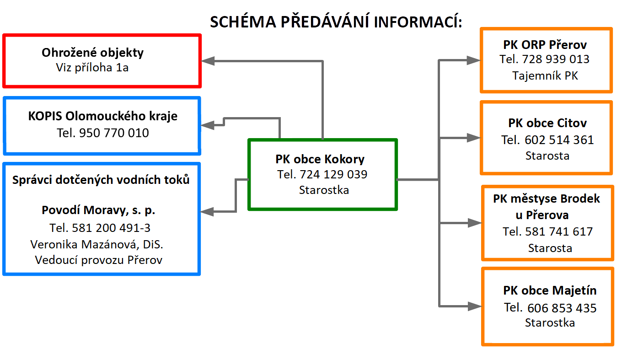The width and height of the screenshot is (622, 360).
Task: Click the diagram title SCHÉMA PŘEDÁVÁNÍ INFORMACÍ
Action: click(336, 21)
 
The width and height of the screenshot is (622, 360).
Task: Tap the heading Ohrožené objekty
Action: click(93, 53)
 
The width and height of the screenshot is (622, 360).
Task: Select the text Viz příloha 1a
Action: click(92, 68)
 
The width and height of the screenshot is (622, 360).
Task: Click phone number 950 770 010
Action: click(114, 133)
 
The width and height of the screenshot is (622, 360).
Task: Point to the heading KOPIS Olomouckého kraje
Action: click(103, 116)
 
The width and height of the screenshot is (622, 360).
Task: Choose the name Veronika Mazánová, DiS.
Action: click(97, 244)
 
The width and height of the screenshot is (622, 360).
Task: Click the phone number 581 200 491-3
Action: click(111, 228)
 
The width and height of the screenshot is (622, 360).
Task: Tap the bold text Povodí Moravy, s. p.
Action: click(98, 210)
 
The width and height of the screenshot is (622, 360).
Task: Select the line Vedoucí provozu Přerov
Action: click(99, 260)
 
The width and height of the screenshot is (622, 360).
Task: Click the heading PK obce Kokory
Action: click(320, 160)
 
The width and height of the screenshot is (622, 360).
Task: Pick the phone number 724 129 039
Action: click(333, 174)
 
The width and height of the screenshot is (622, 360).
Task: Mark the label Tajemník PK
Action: click(545, 75)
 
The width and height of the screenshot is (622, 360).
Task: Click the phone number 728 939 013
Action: click(556, 59)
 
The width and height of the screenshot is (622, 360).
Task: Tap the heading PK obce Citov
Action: click(547, 123)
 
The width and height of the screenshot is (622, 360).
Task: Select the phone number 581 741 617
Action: click(559, 231)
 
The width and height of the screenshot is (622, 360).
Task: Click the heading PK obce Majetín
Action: click(550, 290)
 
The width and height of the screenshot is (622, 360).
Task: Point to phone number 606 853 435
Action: click(562, 308)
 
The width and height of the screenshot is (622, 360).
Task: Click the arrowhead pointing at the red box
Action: click(208, 61)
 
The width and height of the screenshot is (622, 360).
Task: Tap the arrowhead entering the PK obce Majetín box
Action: click(475, 306)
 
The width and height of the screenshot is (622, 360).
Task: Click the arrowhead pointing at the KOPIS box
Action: click(208, 125)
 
